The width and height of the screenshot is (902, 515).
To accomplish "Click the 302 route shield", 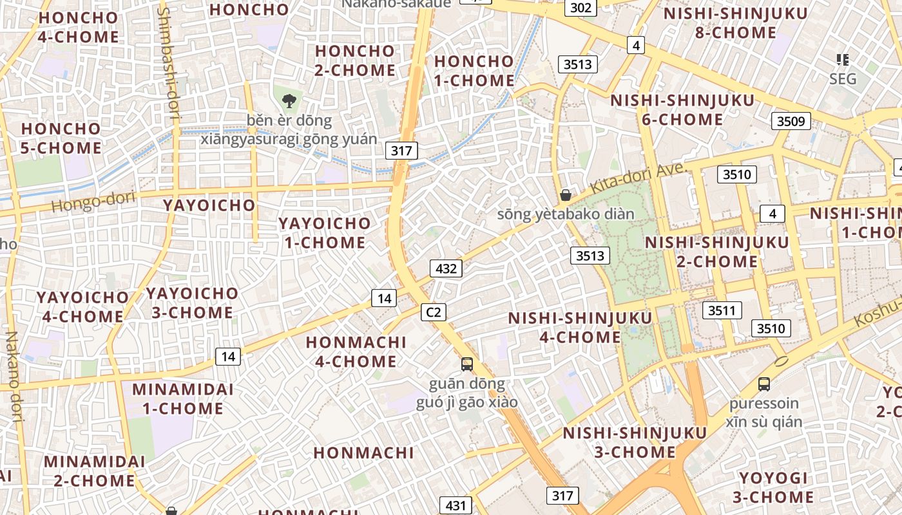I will click(581, 8).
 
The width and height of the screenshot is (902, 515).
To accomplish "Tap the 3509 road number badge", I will click(791, 121).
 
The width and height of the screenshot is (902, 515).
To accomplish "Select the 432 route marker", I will click(446, 268).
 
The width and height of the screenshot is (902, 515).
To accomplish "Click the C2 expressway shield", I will click(434, 312).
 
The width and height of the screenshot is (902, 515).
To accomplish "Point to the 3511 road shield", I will click(722, 310).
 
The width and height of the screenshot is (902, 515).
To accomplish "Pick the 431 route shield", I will click(456, 505).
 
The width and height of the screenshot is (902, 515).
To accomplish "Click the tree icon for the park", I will click(289, 100).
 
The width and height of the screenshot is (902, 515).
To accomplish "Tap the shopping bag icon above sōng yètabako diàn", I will click(566, 194).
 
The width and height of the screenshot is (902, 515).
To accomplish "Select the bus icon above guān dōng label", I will click(467, 364).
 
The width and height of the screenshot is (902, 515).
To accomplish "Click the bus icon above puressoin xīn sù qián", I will click(764, 384).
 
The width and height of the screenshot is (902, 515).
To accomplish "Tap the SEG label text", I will click(843, 79).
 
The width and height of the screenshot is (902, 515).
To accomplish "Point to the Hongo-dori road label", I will click(93, 201).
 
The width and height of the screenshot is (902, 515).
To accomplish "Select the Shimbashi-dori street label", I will click(168, 64).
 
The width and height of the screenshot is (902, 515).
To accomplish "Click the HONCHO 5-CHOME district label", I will click(61, 138).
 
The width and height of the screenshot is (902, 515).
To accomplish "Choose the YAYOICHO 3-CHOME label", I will click(192, 303).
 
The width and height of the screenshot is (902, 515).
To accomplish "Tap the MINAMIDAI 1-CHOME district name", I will click(183, 399).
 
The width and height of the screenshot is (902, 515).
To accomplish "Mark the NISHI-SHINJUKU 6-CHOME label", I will click(682, 110).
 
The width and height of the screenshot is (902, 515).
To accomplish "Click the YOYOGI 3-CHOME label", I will click(773, 487).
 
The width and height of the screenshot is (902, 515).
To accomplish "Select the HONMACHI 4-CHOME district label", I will click(356, 352).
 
